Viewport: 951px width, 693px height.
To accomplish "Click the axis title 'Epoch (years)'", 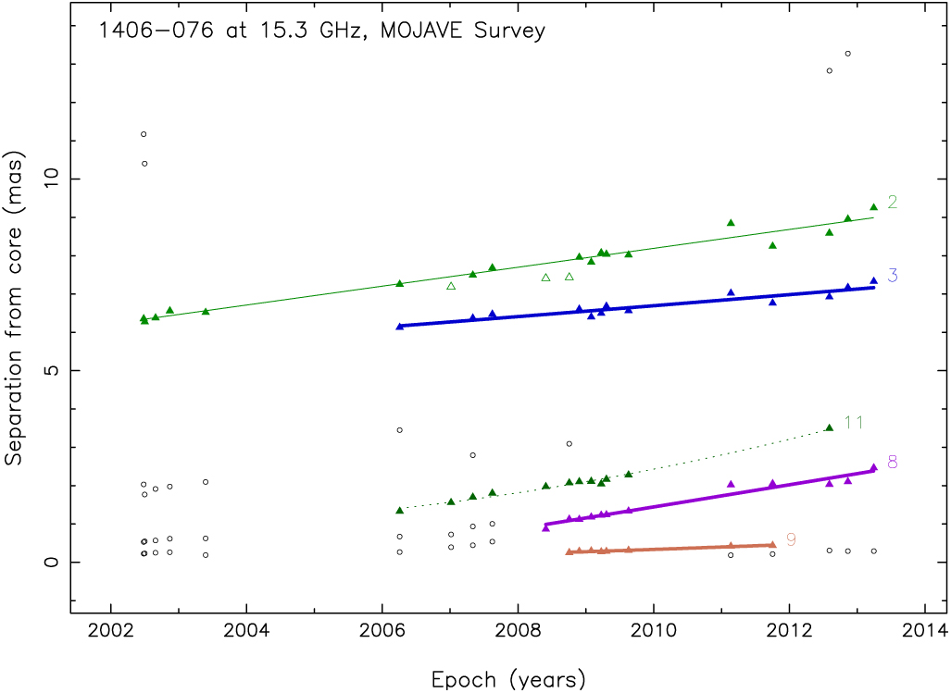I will (508, 680).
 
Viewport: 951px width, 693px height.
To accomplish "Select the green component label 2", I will (892, 203).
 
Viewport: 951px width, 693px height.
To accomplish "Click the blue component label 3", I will (892, 275).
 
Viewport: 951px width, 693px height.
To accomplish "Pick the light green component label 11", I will (854, 423).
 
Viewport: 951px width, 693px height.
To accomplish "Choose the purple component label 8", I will (892, 462).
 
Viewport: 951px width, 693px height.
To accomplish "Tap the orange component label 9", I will (791, 539).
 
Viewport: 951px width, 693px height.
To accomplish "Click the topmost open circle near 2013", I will (847, 54).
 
